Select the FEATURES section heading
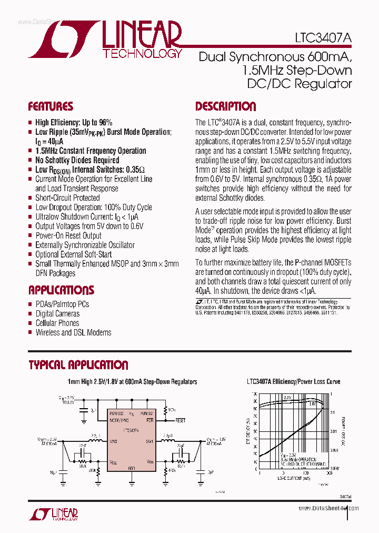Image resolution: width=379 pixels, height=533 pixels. (51, 107)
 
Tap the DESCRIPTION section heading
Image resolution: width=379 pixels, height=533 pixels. (225, 107)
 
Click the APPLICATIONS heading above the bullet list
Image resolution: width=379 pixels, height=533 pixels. (61, 290)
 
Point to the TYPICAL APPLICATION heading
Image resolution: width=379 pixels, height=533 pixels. (78, 365)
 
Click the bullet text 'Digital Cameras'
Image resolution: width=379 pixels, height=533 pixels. (57, 313)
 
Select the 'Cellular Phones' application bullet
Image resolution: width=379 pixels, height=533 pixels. (57, 323)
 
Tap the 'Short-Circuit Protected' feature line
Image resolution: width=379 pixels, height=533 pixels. (67, 198)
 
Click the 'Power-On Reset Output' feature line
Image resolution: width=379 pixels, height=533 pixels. (68, 235)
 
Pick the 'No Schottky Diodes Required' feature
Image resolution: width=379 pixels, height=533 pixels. (77, 160)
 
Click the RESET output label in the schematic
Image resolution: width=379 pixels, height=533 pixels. (181, 421)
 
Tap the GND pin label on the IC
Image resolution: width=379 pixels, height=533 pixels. (132, 468)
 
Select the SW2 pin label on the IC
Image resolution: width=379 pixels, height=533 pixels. (113, 441)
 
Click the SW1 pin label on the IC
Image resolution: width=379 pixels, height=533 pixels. (149, 441)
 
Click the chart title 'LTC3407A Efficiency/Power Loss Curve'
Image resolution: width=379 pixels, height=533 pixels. (293, 382)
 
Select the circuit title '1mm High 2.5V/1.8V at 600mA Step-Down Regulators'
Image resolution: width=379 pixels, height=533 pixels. (132, 382)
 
